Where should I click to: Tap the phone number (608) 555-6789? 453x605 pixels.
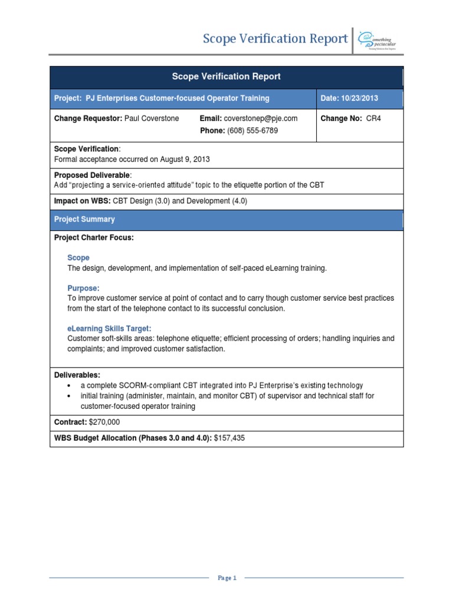click(x=252, y=131)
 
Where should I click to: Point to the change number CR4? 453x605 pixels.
click(x=374, y=118)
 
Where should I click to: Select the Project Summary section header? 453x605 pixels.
click(x=84, y=219)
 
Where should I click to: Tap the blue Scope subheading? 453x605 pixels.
click(x=78, y=258)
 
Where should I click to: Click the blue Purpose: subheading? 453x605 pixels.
click(x=84, y=288)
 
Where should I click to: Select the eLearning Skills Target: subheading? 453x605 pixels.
click(x=110, y=328)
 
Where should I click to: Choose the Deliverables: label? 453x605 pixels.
click(x=77, y=375)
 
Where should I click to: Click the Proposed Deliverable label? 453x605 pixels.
click(x=93, y=175)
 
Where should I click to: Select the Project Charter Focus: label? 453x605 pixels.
click(x=94, y=238)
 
